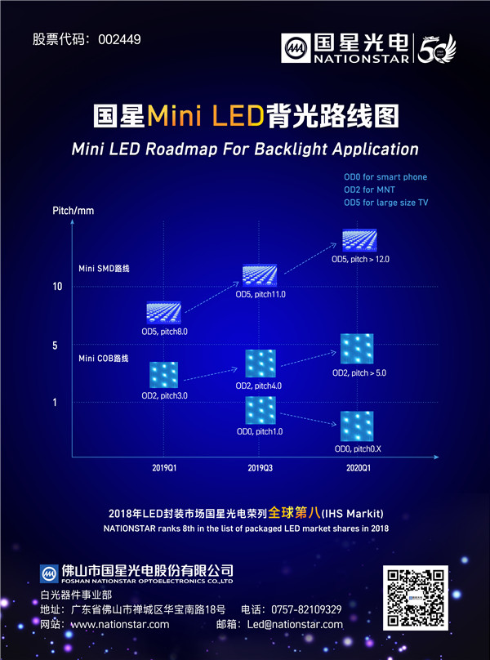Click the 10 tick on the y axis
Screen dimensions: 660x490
[x=57, y=288]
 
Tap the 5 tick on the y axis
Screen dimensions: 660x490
[x=56, y=346]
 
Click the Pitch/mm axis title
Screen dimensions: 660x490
[x=73, y=211]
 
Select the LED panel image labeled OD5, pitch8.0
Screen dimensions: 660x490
[x=164, y=312]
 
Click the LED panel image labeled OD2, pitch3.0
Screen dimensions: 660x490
[x=164, y=375]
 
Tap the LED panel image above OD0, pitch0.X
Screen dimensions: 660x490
[x=357, y=427]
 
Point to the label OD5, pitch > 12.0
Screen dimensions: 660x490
[x=360, y=259]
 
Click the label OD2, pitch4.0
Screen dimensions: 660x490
[x=259, y=385]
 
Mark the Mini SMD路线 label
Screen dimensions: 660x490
[x=105, y=268]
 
